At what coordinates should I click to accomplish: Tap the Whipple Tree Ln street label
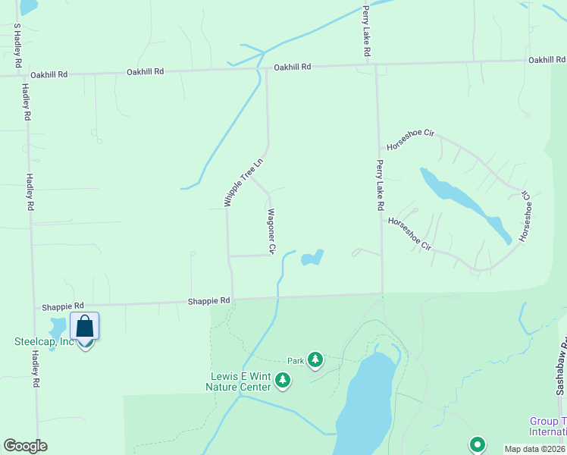(243, 182)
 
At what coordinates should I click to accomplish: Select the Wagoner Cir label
(271, 231)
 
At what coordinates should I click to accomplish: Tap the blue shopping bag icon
(85, 327)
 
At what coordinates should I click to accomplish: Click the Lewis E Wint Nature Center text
(240, 381)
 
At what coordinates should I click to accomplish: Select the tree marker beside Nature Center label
(283, 379)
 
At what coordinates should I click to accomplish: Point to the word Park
(296, 361)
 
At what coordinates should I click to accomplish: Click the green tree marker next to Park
(315, 359)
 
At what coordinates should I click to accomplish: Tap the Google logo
(25, 446)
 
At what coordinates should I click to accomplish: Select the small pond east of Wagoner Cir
(312, 259)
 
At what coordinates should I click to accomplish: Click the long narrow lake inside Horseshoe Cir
(464, 203)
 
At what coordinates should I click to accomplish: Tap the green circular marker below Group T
(477, 445)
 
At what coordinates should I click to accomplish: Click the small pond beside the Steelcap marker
(57, 328)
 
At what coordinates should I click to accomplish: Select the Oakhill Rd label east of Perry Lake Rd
(547, 60)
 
